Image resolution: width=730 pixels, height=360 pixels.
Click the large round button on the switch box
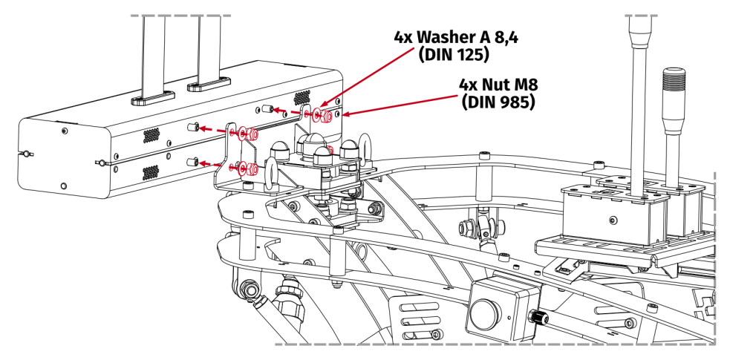(486, 307)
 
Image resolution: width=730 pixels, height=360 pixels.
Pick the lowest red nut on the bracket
(253, 168)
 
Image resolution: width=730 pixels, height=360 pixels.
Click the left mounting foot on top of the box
(153, 96)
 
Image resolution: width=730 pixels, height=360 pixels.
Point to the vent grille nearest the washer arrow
(302, 97)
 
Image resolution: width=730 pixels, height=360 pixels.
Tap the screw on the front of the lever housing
(612, 220)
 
